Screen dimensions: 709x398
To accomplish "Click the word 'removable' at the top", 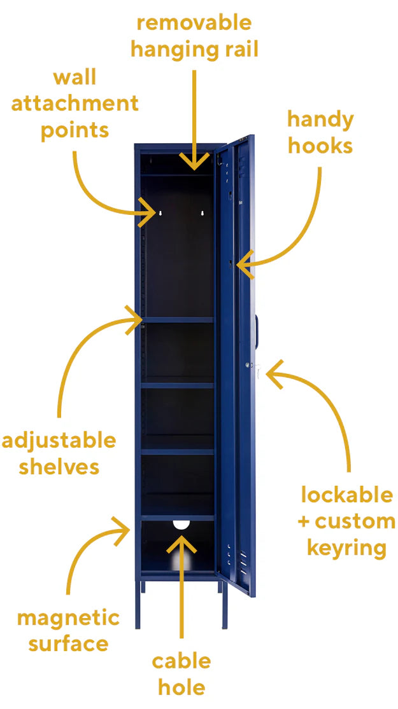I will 194,24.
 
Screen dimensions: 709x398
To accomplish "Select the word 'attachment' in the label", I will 75,104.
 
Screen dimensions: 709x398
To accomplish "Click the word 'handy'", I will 320,120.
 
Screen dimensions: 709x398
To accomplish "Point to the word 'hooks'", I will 320,146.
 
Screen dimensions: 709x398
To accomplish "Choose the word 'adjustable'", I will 59,441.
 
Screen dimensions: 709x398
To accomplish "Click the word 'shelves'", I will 59,467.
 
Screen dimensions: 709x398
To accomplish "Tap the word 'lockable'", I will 347,495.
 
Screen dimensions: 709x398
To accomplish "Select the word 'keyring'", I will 347,547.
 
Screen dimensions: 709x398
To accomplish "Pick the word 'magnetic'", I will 68,617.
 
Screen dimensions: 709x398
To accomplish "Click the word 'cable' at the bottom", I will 181,661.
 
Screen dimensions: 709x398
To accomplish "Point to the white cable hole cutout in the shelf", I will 181,525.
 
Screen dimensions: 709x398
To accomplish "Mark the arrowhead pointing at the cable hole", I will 181,542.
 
